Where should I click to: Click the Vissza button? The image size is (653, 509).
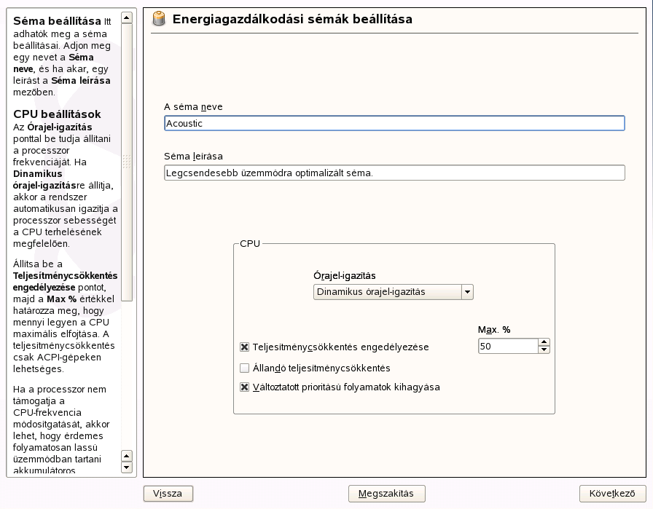[x=168, y=494]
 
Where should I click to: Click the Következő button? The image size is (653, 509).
[x=613, y=494]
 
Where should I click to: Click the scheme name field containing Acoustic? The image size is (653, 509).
[x=394, y=124]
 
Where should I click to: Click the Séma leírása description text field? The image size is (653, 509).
[x=394, y=173]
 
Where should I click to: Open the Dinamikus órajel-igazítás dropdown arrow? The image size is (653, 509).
[x=467, y=292]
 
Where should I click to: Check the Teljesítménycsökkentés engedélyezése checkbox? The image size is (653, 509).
[x=245, y=347]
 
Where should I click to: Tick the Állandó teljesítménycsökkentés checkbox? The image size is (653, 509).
[x=245, y=368]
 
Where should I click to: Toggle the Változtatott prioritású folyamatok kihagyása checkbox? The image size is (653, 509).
[x=245, y=387]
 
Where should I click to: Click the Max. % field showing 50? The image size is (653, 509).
[x=507, y=347]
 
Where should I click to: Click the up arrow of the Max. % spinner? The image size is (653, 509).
[x=544, y=342]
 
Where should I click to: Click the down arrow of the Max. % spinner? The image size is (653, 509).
[x=544, y=350]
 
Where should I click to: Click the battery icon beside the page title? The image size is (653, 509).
[x=158, y=20]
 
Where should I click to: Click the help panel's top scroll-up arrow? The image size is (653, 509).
[x=127, y=17]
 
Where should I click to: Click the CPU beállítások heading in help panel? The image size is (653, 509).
[x=57, y=114]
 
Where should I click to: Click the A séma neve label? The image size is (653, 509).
[x=193, y=107]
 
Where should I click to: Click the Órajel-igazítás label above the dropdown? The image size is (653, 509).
[x=344, y=276]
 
